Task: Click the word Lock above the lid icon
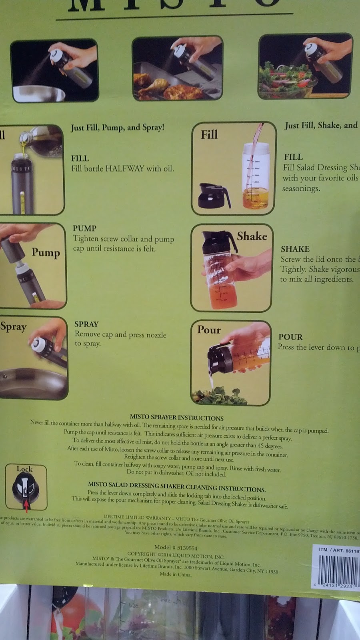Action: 24,469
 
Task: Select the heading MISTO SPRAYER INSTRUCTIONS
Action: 176,418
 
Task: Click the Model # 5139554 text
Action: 176,547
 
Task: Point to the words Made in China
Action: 176,574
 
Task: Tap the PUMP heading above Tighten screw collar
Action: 84,228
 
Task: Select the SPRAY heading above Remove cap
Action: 86,324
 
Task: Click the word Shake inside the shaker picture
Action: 252,236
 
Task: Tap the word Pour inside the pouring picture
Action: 209,330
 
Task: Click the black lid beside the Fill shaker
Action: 214,196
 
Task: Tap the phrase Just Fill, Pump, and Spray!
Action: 117,128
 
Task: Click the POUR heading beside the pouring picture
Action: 290,337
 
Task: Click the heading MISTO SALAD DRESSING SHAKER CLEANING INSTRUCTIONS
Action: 176,486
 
